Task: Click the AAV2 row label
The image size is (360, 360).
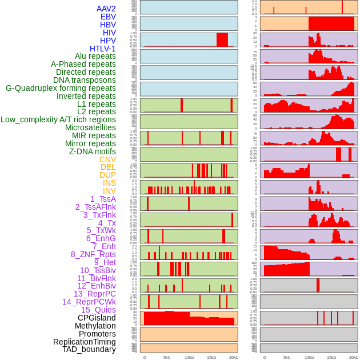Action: click(x=106, y=9)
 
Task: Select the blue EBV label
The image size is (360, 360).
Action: click(x=108, y=17)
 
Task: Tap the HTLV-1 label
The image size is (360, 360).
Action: click(x=102, y=49)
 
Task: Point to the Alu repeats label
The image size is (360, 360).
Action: click(x=95, y=56)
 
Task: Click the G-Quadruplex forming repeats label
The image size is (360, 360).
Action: click(x=61, y=88)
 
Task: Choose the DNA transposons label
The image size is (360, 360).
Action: click(x=85, y=80)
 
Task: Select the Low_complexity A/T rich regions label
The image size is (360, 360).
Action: click(x=58, y=119)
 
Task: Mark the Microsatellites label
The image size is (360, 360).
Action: click(x=90, y=127)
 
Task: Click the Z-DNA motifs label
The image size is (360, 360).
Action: click(x=92, y=151)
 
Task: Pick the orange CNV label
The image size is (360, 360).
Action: click(x=107, y=159)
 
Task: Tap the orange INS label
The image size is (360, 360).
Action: click(x=109, y=183)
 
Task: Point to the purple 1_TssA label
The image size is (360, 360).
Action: click(x=103, y=199)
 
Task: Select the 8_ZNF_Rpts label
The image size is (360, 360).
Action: click(x=93, y=254)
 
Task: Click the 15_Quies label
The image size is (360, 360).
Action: click(x=98, y=310)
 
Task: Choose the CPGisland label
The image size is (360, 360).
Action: click(x=97, y=318)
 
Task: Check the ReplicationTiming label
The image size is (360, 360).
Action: click(x=84, y=342)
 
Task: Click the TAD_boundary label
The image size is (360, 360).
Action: click(x=89, y=349)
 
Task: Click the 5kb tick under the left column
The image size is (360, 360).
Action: click(x=167, y=357)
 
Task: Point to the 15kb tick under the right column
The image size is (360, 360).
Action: click(x=331, y=357)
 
